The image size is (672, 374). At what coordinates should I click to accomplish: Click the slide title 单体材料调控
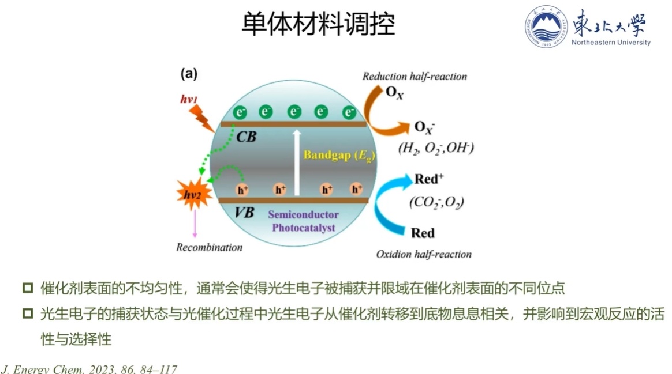318,24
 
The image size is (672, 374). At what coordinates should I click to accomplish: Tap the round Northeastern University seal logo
546,27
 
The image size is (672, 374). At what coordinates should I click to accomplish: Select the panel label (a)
189,74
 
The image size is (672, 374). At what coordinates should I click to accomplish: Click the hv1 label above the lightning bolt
189,100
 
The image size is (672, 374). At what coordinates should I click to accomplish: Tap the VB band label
244,212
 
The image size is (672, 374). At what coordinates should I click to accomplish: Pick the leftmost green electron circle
240,112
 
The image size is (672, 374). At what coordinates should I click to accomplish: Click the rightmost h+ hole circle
356,189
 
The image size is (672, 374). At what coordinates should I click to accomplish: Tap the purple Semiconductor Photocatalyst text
303,221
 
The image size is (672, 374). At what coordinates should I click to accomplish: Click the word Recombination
209,248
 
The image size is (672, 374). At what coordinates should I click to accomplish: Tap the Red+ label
429,180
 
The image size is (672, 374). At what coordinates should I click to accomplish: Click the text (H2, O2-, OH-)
436,149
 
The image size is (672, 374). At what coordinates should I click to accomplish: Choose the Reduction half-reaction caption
415,76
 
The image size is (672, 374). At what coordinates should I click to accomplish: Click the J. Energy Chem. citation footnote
89,369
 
